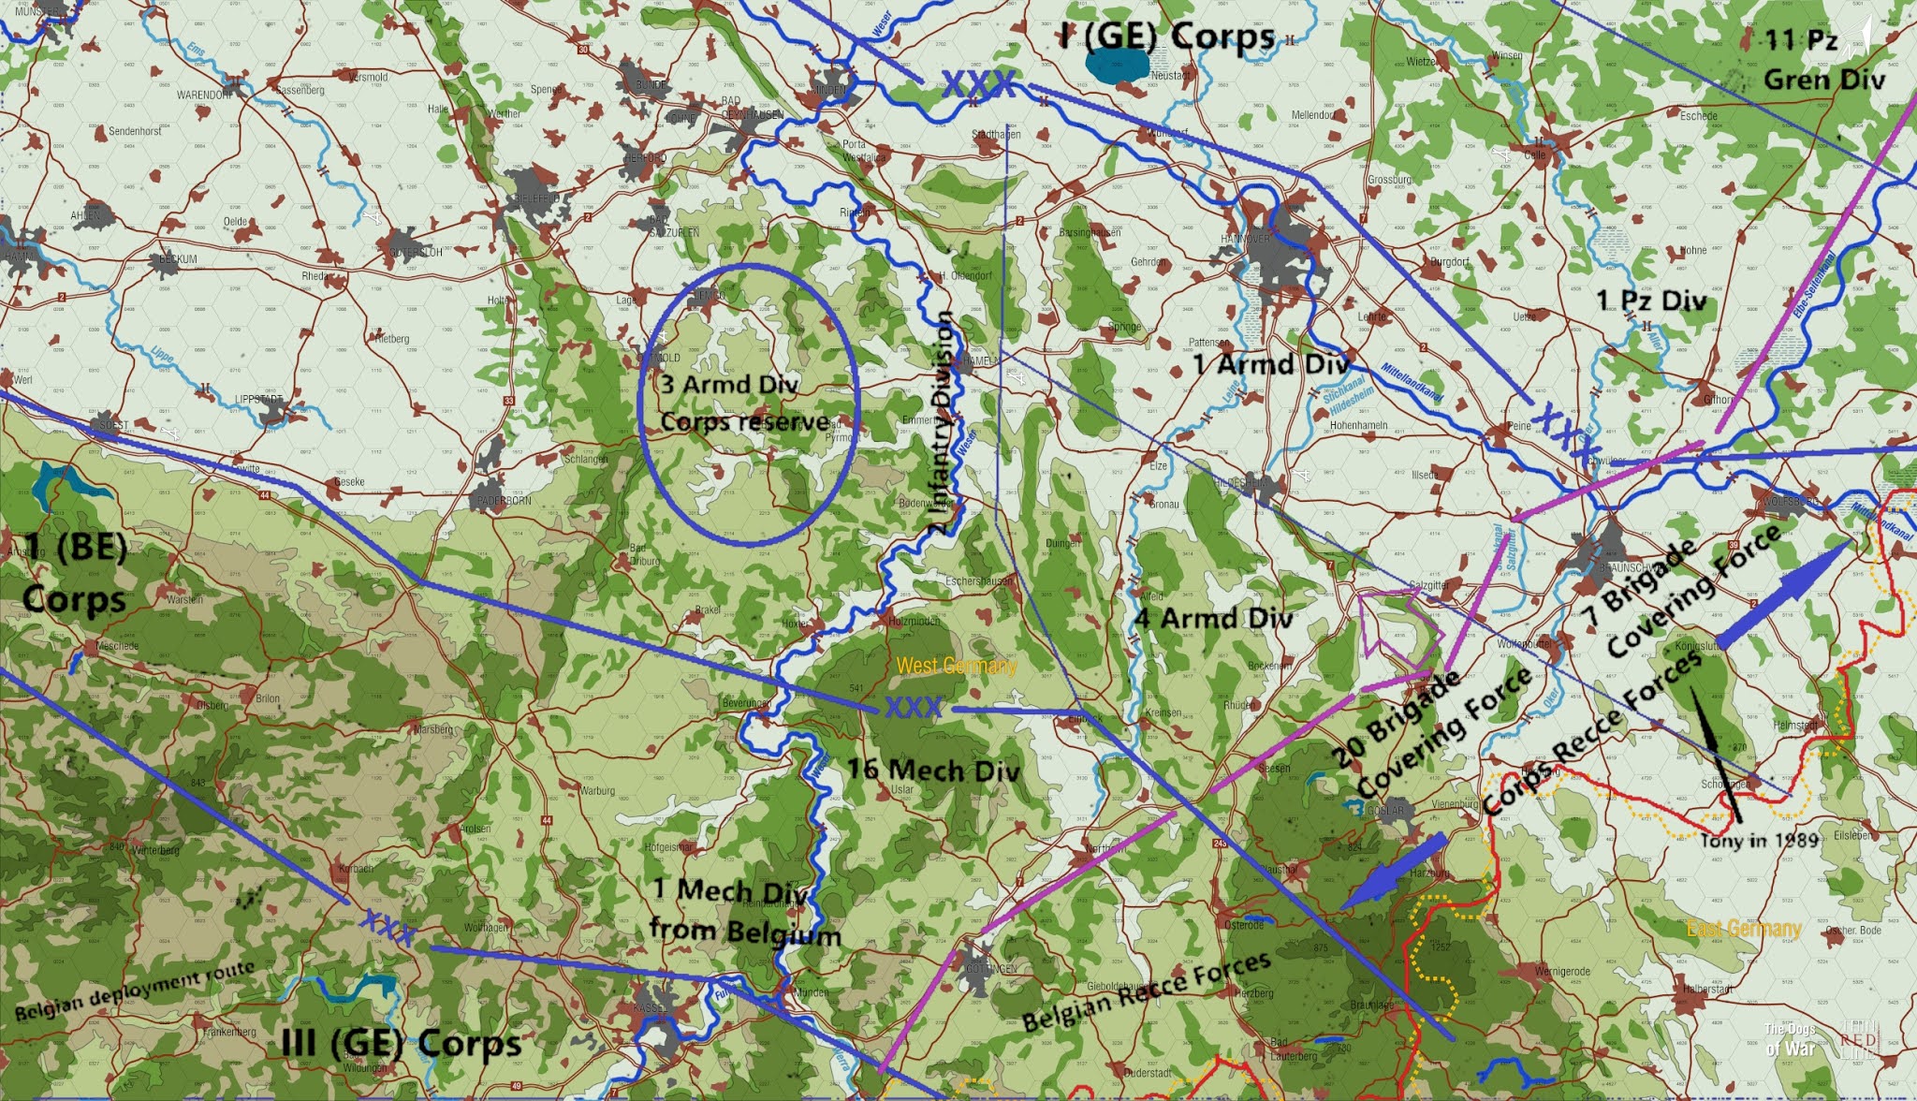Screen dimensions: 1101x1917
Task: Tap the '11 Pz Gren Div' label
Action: [x=1823, y=60]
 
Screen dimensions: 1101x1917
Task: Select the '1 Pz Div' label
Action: [x=1651, y=301]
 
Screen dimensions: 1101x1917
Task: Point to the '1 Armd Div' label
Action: [x=1270, y=364]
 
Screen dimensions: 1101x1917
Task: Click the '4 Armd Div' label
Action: [x=1213, y=618]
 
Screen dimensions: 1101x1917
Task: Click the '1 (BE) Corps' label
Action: [x=75, y=572]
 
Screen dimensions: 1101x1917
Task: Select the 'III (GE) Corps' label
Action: [x=402, y=1043]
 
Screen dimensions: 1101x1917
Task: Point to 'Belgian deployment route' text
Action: [x=135, y=990]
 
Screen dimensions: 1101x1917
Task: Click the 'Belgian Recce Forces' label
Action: [x=1147, y=991]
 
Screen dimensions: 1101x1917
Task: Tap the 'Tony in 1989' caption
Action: [x=1759, y=840]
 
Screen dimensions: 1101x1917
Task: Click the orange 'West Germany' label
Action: [x=956, y=667]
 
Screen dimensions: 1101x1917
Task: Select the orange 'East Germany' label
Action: [x=1744, y=930]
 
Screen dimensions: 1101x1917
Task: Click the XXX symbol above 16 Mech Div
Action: [x=914, y=709]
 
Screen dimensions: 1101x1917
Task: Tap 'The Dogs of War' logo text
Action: [x=1789, y=1039]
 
